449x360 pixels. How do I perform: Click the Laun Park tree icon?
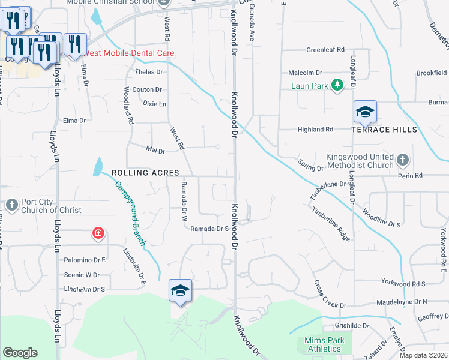(x=337, y=85)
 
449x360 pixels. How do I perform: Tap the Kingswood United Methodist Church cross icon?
(x=403, y=160)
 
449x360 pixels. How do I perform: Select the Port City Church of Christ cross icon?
(x=11, y=206)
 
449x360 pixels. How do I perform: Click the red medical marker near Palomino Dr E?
(x=97, y=233)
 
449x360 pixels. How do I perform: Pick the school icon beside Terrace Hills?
(x=365, y=112)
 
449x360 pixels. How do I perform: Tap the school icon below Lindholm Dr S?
(x=180, y=290)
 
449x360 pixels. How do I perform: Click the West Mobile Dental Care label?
(x=129, y=53)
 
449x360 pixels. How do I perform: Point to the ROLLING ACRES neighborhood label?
(x=138, y=173)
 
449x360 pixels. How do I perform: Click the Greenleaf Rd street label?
(x=325, y=49)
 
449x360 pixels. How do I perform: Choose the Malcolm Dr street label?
(x=306, y=73)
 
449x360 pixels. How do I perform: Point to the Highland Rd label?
(x=315, y=129)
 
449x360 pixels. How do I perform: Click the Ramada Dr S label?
(x=209, y=229)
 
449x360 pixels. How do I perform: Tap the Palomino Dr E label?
(x=85, y=260)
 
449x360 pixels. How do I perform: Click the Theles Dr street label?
(x=149, y=72)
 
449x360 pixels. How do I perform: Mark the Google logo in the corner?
(x=20, y=352)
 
